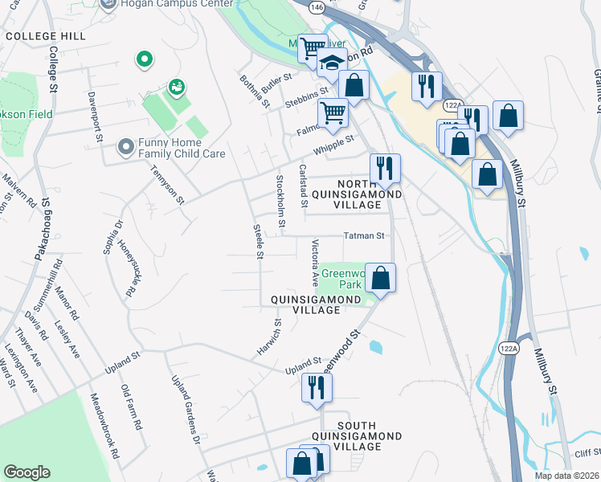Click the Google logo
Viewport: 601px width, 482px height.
pos(27,472)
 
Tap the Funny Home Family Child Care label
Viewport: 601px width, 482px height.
pos(182,147)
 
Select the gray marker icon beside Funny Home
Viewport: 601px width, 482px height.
pos(125,147)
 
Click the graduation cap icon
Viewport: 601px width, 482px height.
pos(331,63)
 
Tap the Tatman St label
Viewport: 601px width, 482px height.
pos(366,236)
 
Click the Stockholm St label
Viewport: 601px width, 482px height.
pos(280,200)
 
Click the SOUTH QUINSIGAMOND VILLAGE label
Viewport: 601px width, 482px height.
pos(369,435)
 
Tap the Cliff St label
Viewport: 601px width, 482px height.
pos(587,452)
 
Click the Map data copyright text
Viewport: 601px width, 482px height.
pos(566,476)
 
